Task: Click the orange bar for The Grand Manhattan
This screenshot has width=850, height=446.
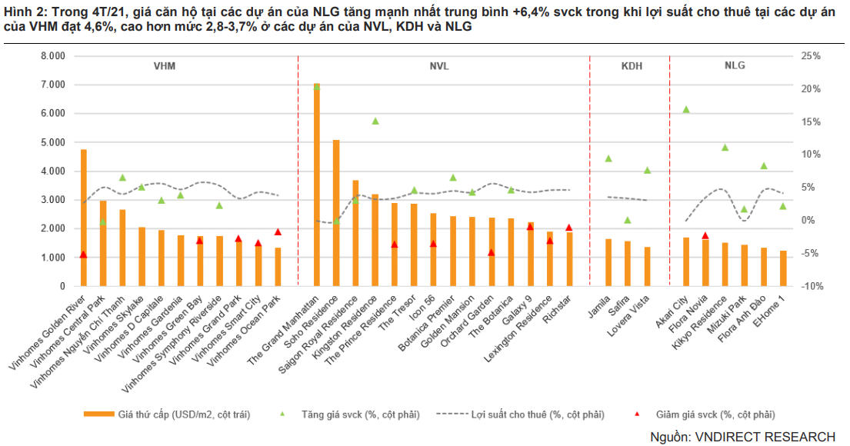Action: point(316,185)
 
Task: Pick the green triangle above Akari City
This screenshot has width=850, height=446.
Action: point(686,110)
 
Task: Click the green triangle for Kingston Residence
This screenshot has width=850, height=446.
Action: point(375,121)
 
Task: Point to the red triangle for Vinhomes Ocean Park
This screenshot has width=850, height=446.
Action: point(278,231)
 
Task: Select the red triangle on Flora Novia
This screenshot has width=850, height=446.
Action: point(705,235)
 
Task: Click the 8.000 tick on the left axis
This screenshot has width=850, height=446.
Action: point(55,56)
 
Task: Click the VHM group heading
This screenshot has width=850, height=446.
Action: point(165,66)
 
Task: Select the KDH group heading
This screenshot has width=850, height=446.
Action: point(632,66)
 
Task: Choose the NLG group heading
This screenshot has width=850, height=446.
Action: point(735,66)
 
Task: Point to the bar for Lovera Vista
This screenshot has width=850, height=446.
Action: point(647,266)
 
